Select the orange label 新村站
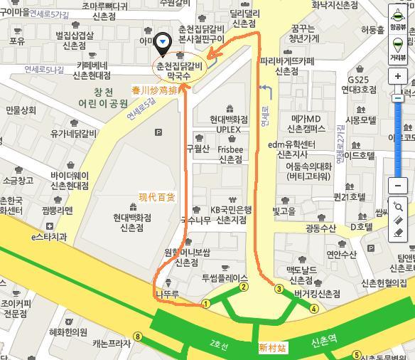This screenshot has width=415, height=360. pyautogui.click(x=272, y=347)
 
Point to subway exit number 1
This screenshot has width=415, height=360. pyautogui.click(x=206, y=303)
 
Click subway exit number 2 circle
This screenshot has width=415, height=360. pyautogui.click(x=244, y=287)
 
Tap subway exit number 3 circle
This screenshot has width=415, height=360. pyautogui.click(x=279, y=289)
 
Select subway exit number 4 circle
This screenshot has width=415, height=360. pyautogui.click(x=314, y=308)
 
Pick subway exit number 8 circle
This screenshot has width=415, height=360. pyautogui.click(x=138, y=337)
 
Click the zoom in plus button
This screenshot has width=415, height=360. pyautogui.click(x=398, y=76)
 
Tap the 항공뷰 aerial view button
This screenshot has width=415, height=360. pyautogui.click(x=398, y=17)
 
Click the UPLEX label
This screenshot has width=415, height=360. pyautogui.click(x=229, y=130)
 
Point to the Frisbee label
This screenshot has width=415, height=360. pyautogui.click(x=231, y=150)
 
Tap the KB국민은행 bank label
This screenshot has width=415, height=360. pyautogui.click(x=231, y=210)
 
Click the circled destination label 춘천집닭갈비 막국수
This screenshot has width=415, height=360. pyautogui.click(x=180, y=68)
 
